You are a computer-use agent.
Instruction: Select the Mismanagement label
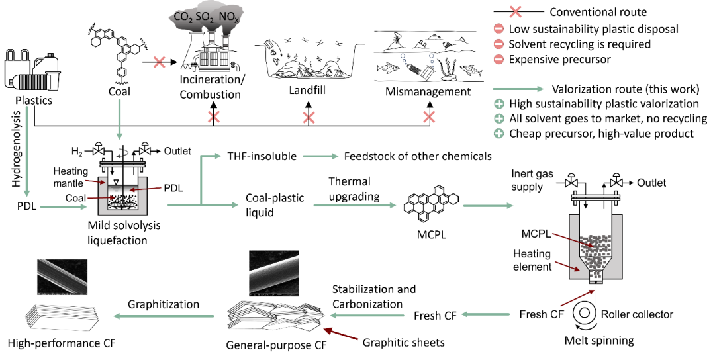pyautogui.click(x=428, y=91)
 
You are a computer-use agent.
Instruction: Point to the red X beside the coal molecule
pyautogui.click(x=160, y=62)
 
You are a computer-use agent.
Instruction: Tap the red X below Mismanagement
pyautogui.click(x=430, y=117)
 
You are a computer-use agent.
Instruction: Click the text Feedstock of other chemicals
pyautogui.click(x=418, y=156)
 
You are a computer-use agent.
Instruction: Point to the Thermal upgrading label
pyautogui.click(x=349, y=189)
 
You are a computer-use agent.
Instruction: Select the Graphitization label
pyautogui.click(x=164, y=304)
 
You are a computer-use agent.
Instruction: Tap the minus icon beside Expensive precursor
pyautogui.click(x=501, y=60)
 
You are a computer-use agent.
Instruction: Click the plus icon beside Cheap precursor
pyautogui.click(x=501, y=134)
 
